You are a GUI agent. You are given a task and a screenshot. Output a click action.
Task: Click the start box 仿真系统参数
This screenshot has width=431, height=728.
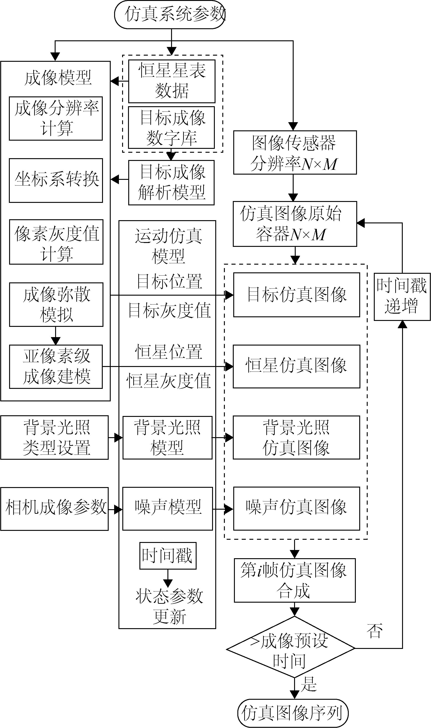coord(170,15)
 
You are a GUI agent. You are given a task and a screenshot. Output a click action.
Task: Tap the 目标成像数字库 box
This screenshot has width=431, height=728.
coord(171,128)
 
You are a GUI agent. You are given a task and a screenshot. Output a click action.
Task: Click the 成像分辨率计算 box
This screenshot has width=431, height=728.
coord(56,119)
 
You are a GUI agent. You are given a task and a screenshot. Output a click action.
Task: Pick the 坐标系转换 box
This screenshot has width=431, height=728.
coord(56,180)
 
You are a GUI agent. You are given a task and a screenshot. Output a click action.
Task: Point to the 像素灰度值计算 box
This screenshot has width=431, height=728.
coord(56,242)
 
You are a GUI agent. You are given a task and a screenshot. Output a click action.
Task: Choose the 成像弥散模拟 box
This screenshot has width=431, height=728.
coord(56,305)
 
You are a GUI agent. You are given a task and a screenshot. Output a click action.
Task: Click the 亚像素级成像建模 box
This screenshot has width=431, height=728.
coord(56,367)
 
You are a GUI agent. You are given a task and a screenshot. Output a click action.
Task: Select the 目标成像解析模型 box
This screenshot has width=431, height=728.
coord(171,182)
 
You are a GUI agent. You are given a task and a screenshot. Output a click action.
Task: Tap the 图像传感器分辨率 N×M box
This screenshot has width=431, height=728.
coord(295,152)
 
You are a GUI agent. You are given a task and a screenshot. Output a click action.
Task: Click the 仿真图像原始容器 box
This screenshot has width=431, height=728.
coord(295,224)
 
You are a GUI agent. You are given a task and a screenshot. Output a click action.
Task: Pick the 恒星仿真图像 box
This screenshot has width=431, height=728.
coord(296,366)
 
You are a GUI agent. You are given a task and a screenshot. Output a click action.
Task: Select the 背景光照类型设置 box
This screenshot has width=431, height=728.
coord(54,437)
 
